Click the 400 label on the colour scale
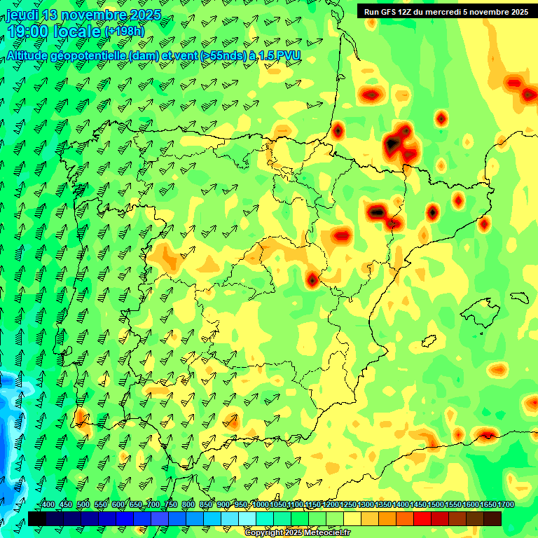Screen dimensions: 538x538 (x=48, y=505)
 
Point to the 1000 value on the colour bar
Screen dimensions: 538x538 (x=260, y=505)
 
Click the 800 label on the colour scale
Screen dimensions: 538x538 (x=188, y=505)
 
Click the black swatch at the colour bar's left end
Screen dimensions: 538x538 (x=37, y=518)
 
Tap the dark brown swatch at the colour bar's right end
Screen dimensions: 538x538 (x=492, y=518)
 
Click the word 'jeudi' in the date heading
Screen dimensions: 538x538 (x=22, y=15)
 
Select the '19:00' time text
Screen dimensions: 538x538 (x=28, y=32)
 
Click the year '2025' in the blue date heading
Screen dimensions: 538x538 (x=144, y=15)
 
